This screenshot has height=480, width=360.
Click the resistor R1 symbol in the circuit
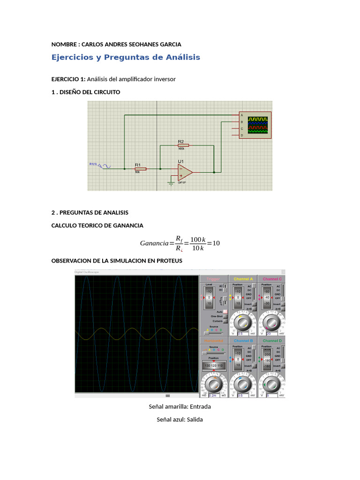141,169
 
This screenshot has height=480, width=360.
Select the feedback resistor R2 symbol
181,145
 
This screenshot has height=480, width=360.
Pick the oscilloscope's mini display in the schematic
258,126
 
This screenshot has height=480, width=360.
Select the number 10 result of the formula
216,243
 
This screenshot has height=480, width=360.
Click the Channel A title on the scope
243,279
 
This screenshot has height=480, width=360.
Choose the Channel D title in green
272,340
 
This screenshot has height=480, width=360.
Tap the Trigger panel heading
213,279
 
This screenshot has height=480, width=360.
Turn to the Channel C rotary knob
270,322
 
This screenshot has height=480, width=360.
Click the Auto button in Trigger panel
225,312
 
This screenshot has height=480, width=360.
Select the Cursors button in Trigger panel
225,321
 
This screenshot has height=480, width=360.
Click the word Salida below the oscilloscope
195,420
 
